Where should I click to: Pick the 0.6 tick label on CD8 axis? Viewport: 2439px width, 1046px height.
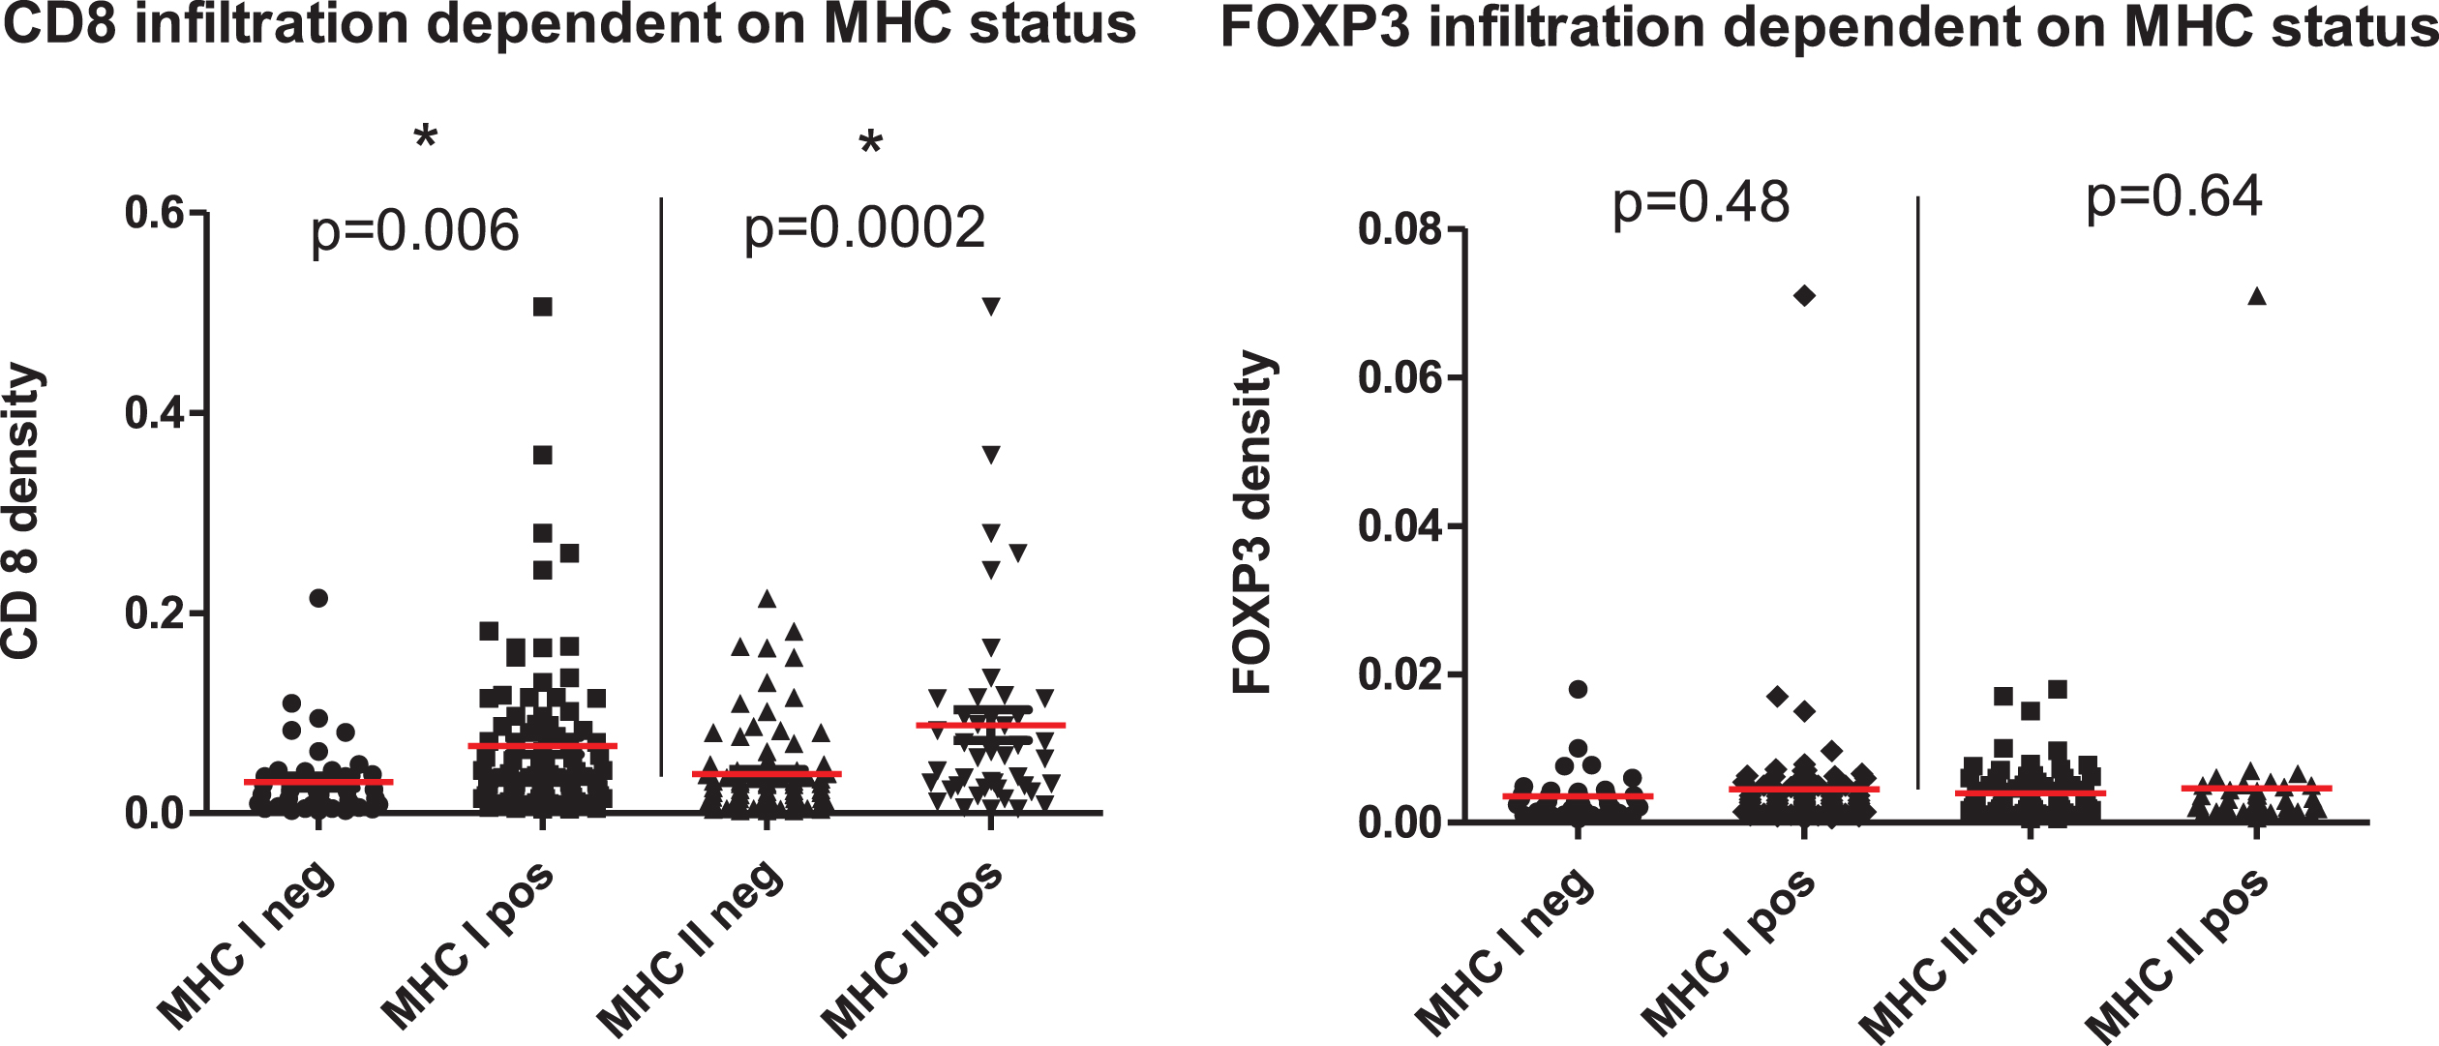coord(155,213)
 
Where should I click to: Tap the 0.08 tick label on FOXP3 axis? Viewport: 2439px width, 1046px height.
coord(1400,229)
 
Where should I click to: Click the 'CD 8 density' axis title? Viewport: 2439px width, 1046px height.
coord(21,511)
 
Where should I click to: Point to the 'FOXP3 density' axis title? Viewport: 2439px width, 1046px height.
coord(1253,523)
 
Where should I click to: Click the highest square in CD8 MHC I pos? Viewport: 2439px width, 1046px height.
coord(543,307)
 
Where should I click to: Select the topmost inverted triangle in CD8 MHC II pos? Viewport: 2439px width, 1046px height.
coord(991,307)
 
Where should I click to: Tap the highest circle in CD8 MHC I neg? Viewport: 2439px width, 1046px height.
coord(318,598)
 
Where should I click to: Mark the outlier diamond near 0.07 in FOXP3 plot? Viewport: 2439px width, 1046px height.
coord(1804,296)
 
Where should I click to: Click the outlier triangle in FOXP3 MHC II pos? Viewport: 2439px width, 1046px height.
coord(2257,296)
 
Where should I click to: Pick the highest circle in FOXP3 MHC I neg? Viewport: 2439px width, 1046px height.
coord(1578,690)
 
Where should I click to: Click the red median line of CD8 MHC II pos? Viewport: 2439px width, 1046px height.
coord(991,725)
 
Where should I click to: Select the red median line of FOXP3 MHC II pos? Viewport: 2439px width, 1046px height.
coord(2257,789)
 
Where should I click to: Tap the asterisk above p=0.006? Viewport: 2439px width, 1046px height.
coord(426,138)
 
